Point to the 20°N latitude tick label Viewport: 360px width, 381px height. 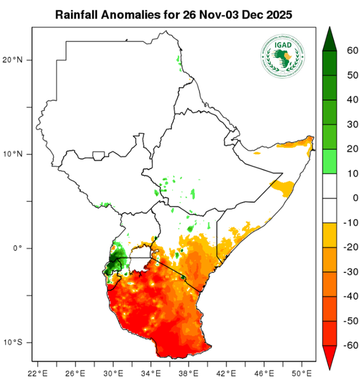point(15,60)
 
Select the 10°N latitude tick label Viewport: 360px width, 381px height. point(15,154)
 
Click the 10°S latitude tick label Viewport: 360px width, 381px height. point(15,342)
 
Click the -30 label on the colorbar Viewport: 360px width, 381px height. point(346,272)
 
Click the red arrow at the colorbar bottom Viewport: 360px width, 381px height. point(330,358)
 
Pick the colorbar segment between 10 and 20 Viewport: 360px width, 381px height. point(330,161)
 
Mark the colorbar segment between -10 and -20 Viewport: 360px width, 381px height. point(330,235)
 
